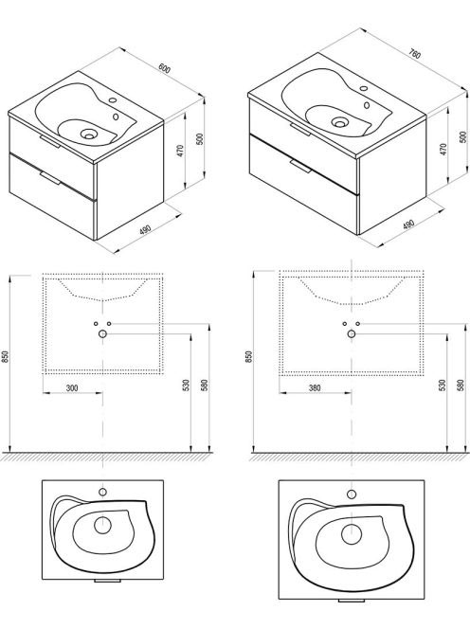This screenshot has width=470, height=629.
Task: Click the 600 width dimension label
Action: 165,68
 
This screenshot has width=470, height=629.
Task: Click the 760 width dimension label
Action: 415,53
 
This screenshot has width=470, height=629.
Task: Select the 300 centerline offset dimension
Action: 72,387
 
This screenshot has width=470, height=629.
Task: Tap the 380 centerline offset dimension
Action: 315,387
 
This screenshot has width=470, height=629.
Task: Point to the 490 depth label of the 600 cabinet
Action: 145,230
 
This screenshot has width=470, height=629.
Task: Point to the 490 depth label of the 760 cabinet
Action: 408,225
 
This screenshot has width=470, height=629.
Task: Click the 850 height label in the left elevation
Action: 6,357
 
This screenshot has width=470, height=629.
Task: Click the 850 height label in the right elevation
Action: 249,357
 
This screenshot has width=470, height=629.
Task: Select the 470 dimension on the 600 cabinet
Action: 180,151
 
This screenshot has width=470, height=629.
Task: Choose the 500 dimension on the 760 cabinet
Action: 462,136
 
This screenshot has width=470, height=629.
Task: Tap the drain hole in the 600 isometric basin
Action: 88,134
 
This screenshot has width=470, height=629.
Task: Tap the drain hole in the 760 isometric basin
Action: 340,122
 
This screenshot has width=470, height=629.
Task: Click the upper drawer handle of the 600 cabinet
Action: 50,141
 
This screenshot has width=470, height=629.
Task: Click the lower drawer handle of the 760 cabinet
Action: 300,166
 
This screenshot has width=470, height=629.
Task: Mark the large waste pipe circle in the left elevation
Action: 102,333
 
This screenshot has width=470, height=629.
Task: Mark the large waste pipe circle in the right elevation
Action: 352,333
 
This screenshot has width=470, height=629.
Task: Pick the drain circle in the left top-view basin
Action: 102,526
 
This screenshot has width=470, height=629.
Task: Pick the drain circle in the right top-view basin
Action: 352,534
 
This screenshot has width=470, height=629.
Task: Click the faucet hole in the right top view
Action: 352,494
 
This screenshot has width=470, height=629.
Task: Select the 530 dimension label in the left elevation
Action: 186,386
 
